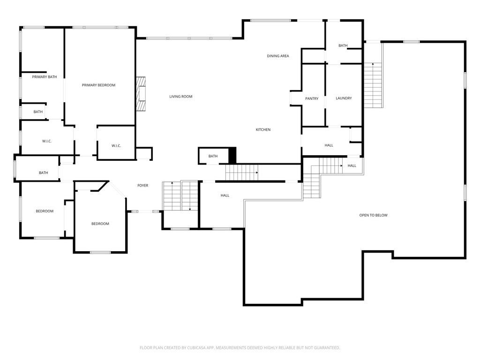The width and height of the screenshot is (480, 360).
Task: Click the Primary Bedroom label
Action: click(x=98, y=85)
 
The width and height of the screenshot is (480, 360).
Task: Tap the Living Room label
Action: click(x=181, y=97)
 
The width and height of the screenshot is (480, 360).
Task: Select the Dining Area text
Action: click(x=278, y=56)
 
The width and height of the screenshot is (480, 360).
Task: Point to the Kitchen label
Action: click(x=263, y=130)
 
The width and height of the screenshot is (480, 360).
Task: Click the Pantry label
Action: click(x=312, y=98)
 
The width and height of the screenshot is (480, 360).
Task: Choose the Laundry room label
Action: click(x=344, y=98)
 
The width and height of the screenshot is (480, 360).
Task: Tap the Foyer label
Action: click(x=143, y=186)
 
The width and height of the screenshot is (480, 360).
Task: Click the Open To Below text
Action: click(x=374, y=215)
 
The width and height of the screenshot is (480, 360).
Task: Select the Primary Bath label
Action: click(x=45, y=77)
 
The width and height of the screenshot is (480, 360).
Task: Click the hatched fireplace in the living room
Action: click(x=141, y=94)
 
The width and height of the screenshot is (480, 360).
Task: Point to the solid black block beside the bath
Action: click(x=232, y=155)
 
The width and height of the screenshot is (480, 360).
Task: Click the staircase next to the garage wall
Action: click(x=373, y=85)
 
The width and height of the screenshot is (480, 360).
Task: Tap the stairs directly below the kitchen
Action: click(x=242, y=172)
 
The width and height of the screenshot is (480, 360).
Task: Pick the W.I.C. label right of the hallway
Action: click(x=116, y=146)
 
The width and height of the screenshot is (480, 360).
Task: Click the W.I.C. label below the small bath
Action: click(x=47, y=141)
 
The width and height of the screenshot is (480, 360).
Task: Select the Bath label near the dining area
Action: click(x=343, y=45)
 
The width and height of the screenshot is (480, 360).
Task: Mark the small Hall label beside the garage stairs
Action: click(x=352, y=165)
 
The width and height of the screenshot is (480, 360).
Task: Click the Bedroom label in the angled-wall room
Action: click(x=100, y=224)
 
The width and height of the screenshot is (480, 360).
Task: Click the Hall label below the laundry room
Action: click(x=329, y=145)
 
